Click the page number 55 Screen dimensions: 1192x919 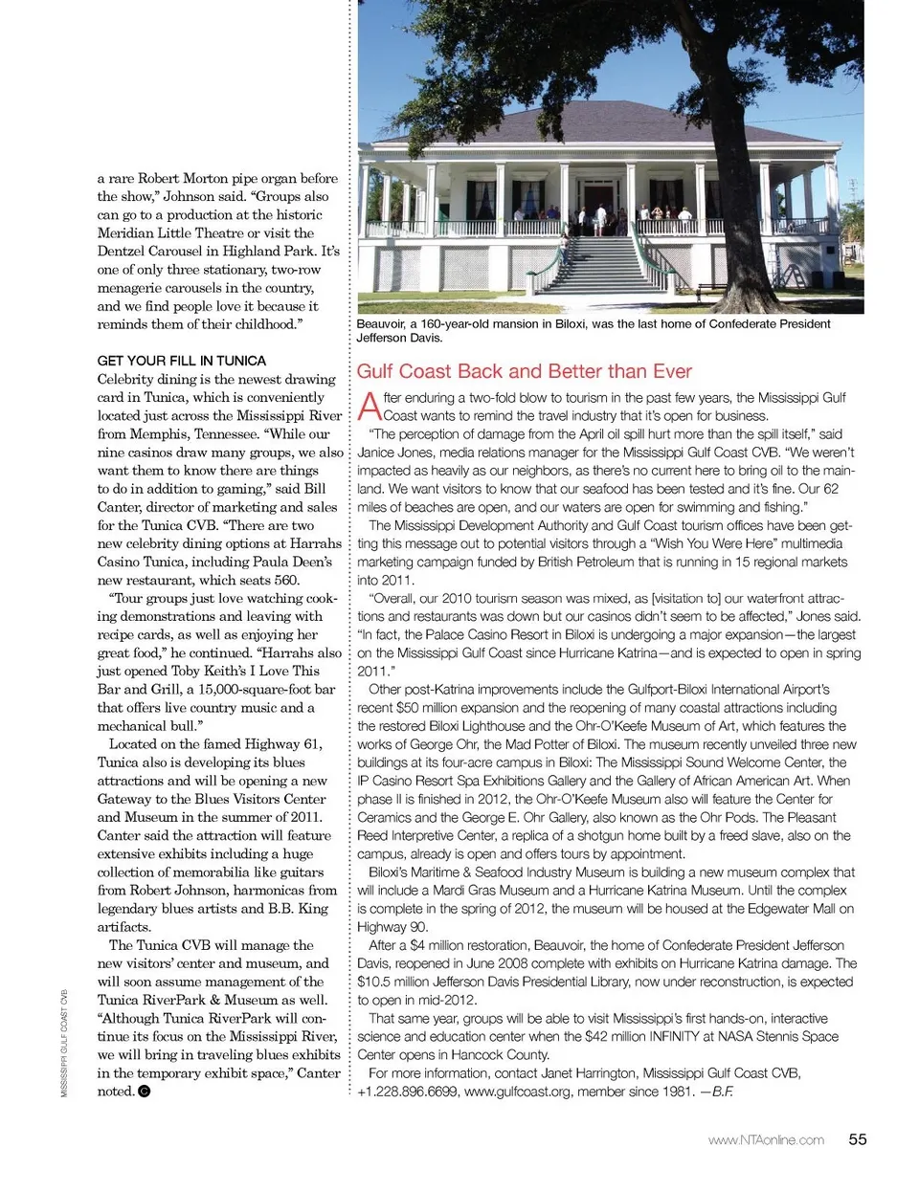858,1139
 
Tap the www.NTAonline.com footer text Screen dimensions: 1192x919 766,1140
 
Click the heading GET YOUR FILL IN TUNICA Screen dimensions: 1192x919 182,361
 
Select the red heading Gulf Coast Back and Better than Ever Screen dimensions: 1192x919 524,371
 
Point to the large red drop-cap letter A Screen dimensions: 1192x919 369,407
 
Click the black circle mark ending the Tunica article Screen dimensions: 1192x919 145,1092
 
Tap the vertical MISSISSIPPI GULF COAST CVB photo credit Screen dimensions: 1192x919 64,1043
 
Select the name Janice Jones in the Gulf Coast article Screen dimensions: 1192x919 393,453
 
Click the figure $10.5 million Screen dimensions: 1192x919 397,982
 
